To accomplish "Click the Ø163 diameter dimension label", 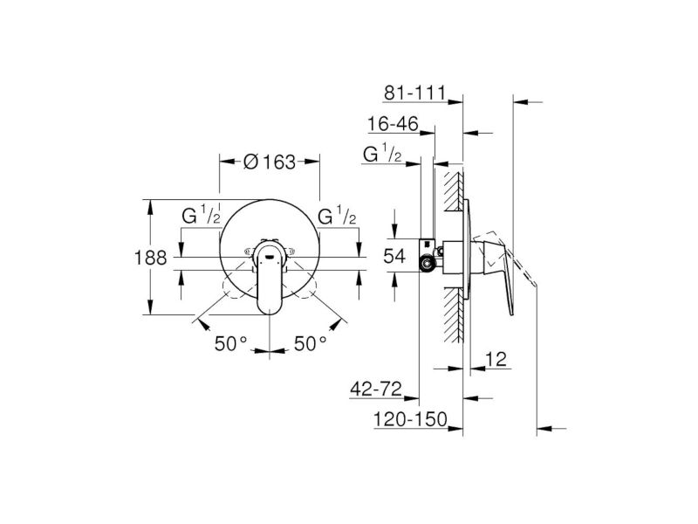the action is tap(270, 162).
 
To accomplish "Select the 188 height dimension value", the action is tap(150, 258).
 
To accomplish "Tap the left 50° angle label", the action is tap(230, 343).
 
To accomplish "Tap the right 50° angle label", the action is tap(311, 343).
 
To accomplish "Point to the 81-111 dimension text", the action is tap(414, 93).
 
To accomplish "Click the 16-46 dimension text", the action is tap(393, 124).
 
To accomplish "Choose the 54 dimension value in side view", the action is tap(395, 256).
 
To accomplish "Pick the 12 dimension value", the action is tap(496, 359).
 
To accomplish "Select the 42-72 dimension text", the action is tap(376, 389).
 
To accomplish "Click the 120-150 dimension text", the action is tap(410, 419).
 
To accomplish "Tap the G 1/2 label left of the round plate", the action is tap(202, 215).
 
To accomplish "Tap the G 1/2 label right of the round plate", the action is tap(337, 215).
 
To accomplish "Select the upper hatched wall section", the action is tap(454, 192).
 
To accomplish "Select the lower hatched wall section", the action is tap(454, 315).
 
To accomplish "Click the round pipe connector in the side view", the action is tap(428, 264).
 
